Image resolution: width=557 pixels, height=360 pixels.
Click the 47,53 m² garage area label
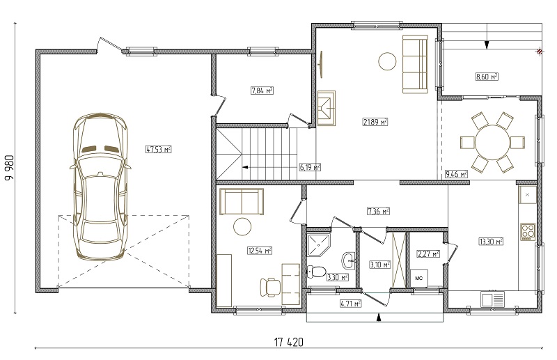point(159,149)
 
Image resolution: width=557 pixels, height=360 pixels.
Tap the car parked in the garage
point(100,187)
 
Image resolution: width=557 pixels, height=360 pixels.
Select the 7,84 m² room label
point(262,91)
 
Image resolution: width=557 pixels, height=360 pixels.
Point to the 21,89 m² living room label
point(375,122)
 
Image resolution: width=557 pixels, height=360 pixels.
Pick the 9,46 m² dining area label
point(457,174)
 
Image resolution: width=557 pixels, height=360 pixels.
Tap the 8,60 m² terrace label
point(487,77)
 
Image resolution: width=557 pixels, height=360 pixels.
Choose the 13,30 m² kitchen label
point(492,242)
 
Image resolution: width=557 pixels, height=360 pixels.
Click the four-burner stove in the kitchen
point(528,231)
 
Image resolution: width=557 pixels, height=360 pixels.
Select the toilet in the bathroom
point(316,272)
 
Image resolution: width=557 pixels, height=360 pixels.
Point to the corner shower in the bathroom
point(319,245)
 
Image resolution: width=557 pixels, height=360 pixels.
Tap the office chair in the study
point(270,287)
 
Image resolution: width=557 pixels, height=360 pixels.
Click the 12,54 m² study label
point(260,251)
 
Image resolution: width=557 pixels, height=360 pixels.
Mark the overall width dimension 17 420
point(288,343)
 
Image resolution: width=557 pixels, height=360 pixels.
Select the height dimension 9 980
point(10,168)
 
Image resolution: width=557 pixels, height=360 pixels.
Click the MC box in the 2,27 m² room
point(419,279)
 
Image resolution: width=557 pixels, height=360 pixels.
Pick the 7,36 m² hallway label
point(378,212)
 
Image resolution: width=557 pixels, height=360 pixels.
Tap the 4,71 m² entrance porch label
point(351,304)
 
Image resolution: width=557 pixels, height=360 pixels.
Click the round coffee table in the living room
point(387,61)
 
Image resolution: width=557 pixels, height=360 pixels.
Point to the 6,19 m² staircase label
point(310,167)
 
